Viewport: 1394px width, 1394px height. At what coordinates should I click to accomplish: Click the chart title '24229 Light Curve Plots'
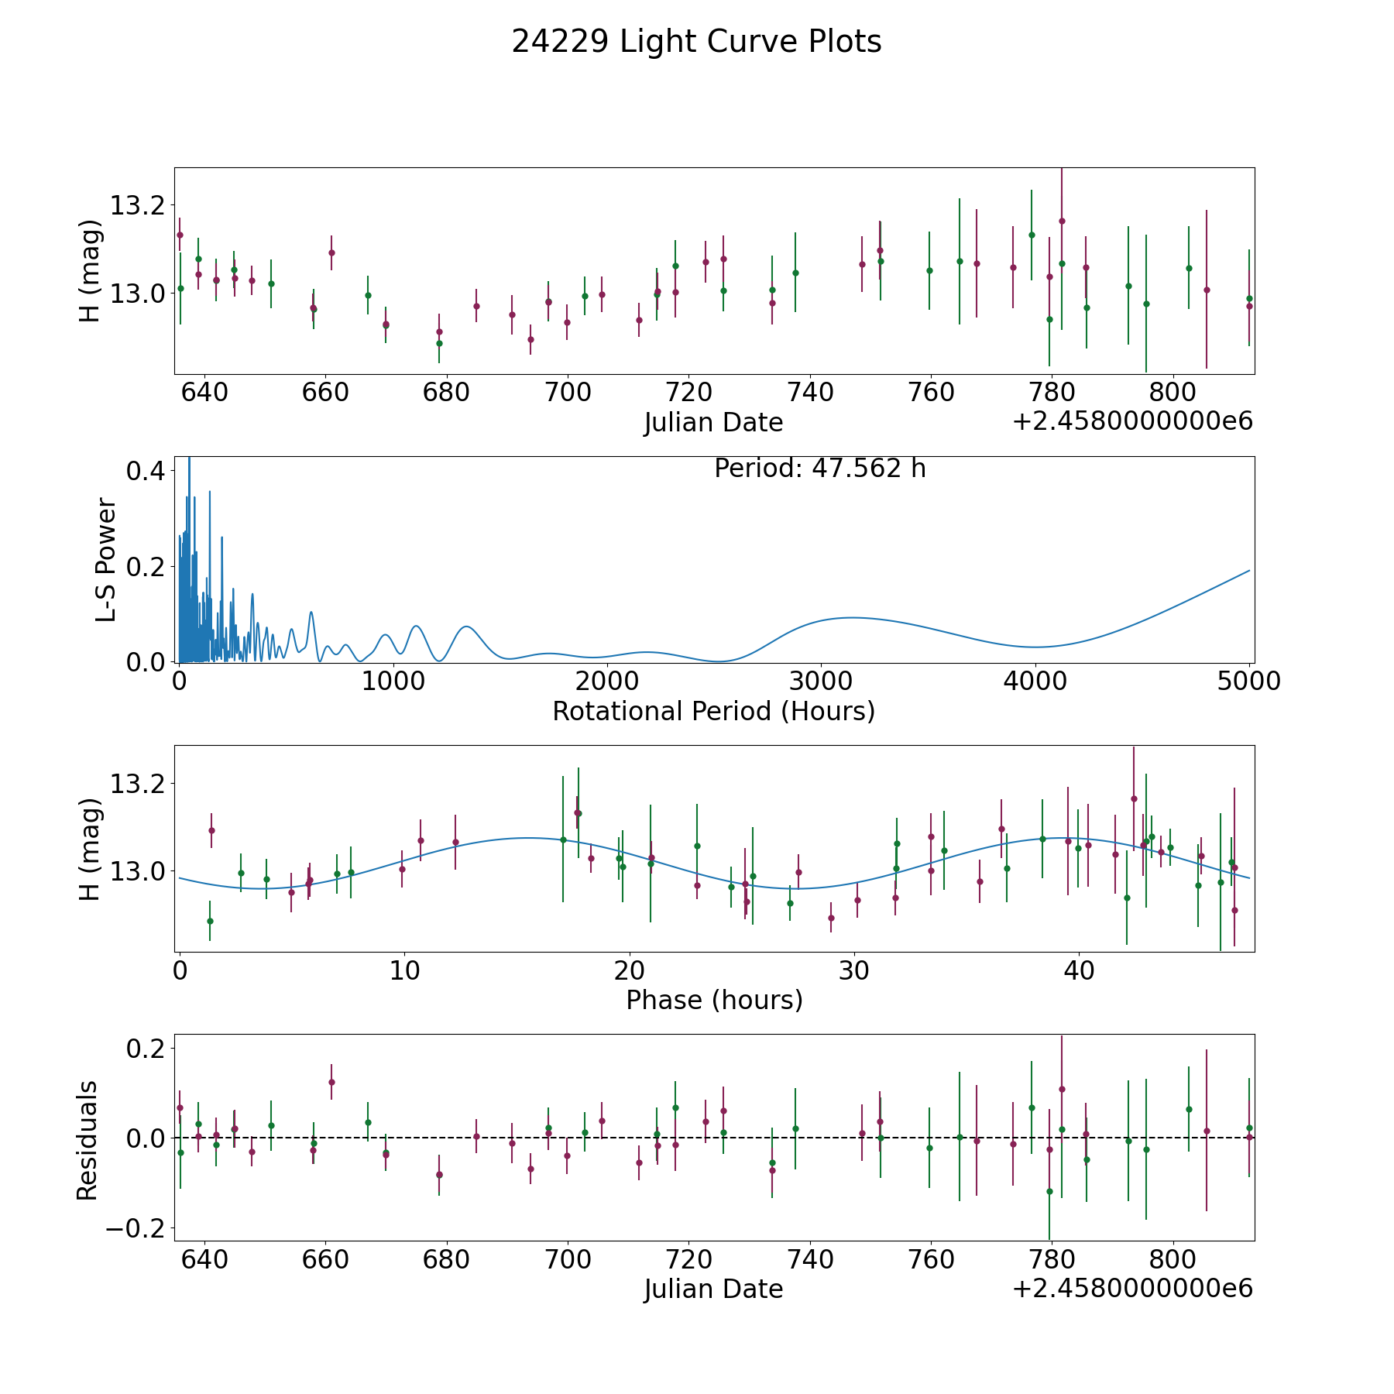(696, 42)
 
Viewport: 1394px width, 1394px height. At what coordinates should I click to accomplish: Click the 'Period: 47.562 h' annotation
(819, 469)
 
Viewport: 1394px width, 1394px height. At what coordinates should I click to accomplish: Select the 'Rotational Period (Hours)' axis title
(713, 711)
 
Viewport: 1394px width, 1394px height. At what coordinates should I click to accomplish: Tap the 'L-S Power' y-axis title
(106, 560)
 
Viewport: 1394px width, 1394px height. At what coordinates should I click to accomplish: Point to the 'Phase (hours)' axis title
(713, 1000)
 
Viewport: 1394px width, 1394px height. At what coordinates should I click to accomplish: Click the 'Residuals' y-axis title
(87, 1140)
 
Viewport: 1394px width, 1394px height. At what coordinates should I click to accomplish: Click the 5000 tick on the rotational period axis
(1249, 681)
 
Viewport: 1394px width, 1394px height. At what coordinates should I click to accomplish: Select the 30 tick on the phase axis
(854, 970)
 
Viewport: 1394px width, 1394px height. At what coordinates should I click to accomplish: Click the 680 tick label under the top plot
(446, 392)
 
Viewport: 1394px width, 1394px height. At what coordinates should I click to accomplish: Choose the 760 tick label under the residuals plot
(930, 1258)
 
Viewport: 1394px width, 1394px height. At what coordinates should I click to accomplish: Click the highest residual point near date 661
(331, 1082)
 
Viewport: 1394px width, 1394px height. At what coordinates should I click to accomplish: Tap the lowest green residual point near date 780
(1049, 1191)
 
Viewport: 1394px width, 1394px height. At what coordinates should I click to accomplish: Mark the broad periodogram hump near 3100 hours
(852, 617)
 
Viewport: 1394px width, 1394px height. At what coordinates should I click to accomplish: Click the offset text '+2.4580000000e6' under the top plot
(1132, 421)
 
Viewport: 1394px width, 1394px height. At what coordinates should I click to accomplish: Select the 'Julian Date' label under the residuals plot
(713, 1289)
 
